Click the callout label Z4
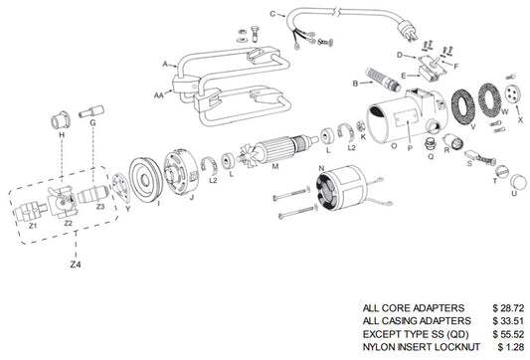click(x=75, y=266)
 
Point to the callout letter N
click(x=321, y=167)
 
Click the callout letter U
click(x=514, y=193)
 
